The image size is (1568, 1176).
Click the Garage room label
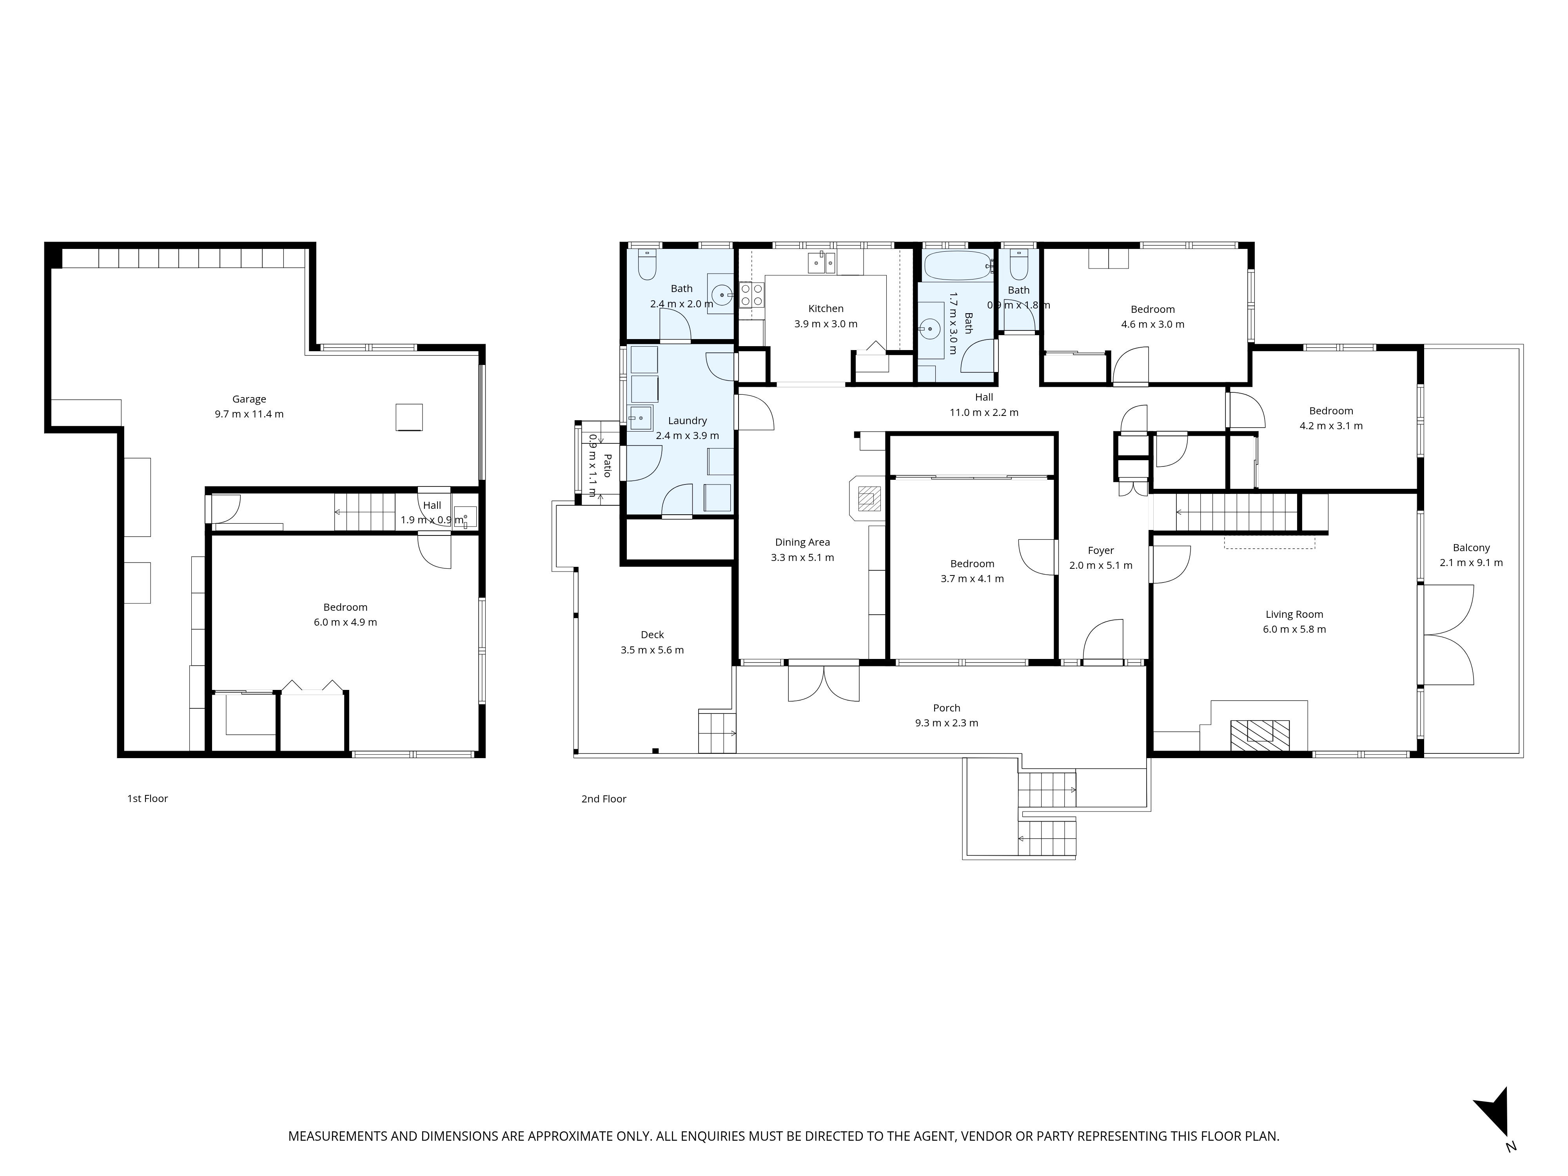pos(249,399)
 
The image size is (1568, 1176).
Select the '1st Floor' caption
pos(147,798)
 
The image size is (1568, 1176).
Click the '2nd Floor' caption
pos(603,799)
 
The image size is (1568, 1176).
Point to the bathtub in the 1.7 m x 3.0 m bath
pos(957,266)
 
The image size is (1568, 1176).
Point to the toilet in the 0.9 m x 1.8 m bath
pos(1019,266)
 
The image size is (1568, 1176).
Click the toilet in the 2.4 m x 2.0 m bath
pos(647,266)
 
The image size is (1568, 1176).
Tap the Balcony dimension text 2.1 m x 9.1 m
pos(1471,563)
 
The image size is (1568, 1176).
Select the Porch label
pos(946,708)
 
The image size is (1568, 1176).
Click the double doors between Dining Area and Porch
pos(824,682)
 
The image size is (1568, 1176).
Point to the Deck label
pos(652,634)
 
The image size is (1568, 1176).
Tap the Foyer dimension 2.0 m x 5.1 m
pos(1100,565)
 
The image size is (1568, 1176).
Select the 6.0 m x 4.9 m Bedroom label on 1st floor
pos(345,607)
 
